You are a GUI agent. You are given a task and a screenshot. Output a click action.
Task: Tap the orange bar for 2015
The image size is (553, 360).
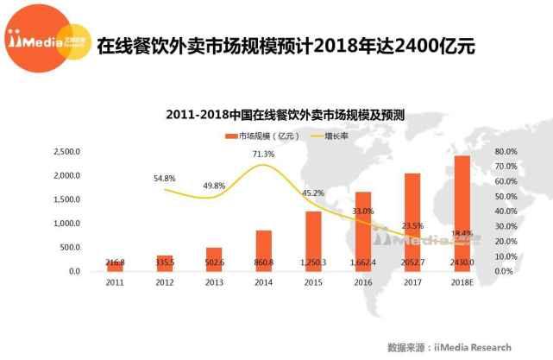click(x=313, y=241)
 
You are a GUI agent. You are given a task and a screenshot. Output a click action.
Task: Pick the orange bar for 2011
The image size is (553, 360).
click(x=116, y=266)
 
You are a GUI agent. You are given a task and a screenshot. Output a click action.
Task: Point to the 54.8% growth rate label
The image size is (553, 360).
click(x=164, y=178)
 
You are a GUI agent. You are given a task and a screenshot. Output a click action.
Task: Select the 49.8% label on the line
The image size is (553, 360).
click(x=214, y=186)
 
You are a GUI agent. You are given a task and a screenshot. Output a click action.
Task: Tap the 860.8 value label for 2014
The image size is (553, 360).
click(x=264, y=261)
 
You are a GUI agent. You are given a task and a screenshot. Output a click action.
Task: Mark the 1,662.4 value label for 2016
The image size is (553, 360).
click(x=363, y=261)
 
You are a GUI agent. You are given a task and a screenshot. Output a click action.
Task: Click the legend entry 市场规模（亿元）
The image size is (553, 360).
click(x=264, y=136)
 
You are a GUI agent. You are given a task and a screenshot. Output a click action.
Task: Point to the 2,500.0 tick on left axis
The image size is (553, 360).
click(x=66, y=152)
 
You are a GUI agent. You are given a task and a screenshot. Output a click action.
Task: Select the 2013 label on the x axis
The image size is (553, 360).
click(x=214, y=281)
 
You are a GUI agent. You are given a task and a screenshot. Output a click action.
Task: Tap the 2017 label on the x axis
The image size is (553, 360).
click(x=412, y=281)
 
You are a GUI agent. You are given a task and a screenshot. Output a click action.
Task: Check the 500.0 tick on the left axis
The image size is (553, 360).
click(x=71, y=248)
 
